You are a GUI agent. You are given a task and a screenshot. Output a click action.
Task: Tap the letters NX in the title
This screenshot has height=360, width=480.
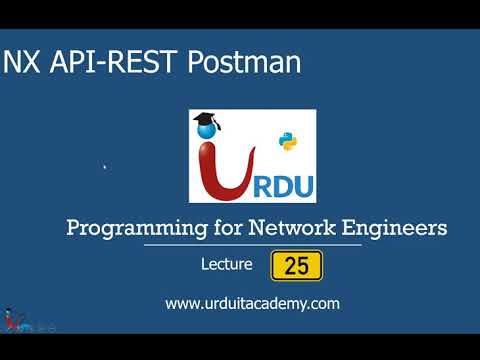click(25, 64)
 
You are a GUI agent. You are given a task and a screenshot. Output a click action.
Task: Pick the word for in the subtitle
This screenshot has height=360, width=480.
click(214, 228)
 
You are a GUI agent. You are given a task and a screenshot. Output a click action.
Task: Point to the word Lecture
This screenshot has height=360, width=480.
click(226, 266)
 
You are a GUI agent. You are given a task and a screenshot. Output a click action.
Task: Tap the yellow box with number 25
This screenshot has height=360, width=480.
click(296, 266)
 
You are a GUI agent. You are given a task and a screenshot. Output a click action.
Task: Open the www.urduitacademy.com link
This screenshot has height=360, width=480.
click(253, 303)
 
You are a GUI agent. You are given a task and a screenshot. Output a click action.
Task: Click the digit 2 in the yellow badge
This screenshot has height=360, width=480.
click(290, 266)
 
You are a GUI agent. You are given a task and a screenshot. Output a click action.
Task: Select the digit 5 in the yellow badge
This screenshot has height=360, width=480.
click(303, 266)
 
